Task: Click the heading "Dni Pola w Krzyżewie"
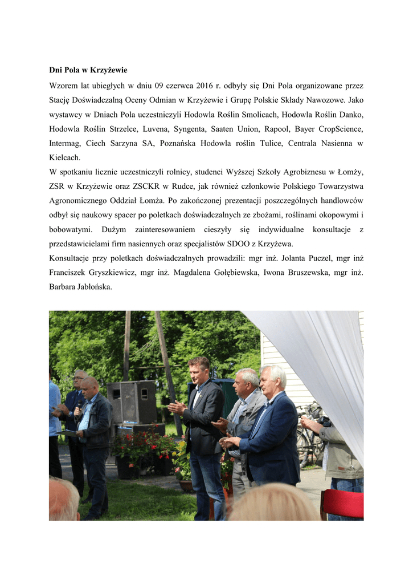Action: tap(88, 70)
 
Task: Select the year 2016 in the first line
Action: tap(204, 86)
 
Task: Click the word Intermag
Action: tap(66, 143)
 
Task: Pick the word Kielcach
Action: tap(64, 157)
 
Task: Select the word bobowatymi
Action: tap(71, 229)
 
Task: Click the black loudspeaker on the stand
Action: tap(132, 401)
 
